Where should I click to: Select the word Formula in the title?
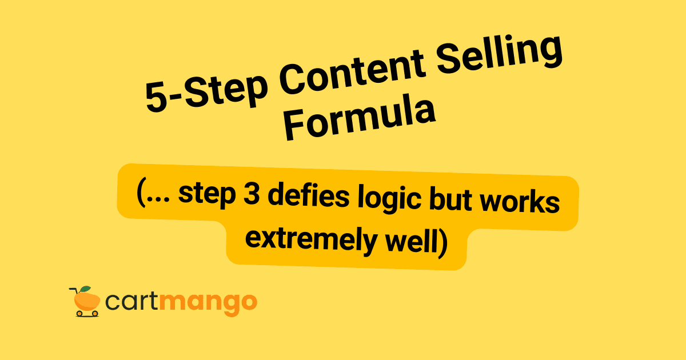coord(360,122)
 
